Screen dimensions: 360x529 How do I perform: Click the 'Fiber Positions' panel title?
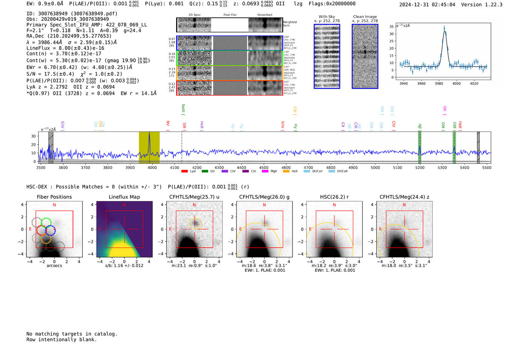click(x=54, y=197)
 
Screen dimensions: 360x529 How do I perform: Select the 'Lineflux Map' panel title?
click(x=124, y=197)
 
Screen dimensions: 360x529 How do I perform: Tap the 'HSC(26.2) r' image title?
click(x=334, y=197)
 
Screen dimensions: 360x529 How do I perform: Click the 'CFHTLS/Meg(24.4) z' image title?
click(x=404, y=197)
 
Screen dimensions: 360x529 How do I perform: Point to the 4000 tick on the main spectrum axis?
click(x=152, y=167)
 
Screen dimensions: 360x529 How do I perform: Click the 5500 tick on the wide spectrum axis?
click(x=487, y=167)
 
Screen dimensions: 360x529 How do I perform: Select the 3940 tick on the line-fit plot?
click(x=404, y=83)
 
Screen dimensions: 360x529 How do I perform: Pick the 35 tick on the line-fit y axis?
click(x=391, y=26)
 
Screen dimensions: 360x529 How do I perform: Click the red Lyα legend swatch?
click(x=184, y=172)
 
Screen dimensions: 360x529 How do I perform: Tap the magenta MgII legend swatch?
click(x=265, y=172)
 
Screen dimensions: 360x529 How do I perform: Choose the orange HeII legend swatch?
click(x=286, y=172)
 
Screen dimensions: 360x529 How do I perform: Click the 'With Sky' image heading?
click(x=327, y=17)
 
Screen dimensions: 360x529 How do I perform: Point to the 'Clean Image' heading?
click(x=365, y=17)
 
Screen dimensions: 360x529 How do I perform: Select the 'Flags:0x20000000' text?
click(x=332, y=4)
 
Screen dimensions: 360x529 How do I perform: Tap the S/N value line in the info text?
click(x=74, y=74)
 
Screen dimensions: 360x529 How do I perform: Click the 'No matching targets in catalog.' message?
click(x=72, y=334)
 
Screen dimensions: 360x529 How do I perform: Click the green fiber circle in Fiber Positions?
click(x=46, y=222)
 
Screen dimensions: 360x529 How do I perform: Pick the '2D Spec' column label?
click(x=194, y=15)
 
